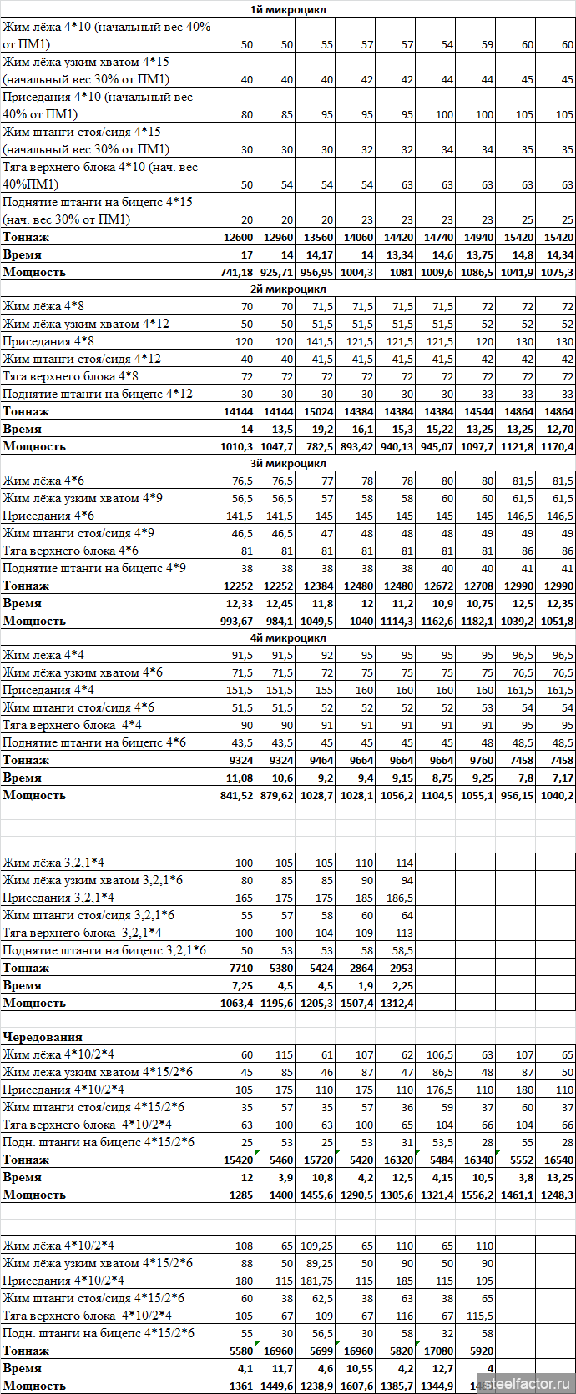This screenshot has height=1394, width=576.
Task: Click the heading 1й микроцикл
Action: [x=287, y=9]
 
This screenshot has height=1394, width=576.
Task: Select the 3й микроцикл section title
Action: [x=287, y=463]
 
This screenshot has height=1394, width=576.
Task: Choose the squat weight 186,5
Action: [x=397, y=898]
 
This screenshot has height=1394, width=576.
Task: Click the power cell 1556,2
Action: [x=477, y=1195]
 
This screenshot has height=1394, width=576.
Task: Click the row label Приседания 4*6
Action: [x=48, y=516]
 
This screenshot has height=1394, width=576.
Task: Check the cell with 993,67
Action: [x=236, y=621]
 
